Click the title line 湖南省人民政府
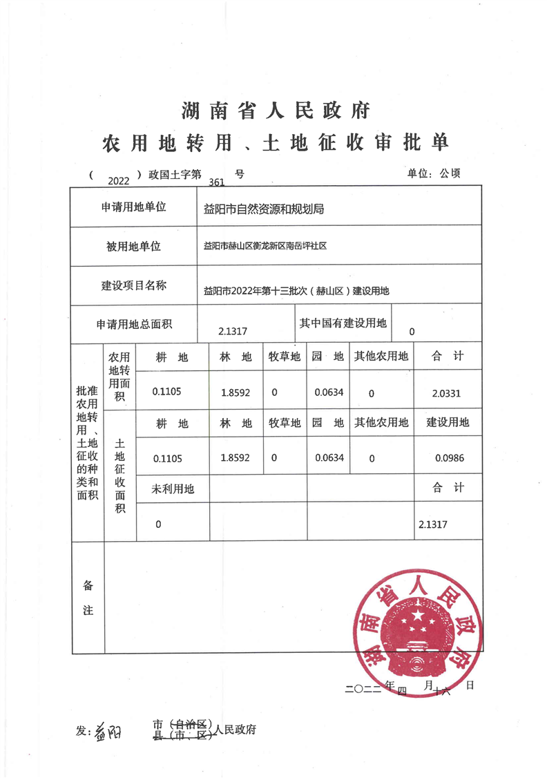point(276,110)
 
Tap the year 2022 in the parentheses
point(119,181)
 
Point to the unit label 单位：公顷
point(434,173)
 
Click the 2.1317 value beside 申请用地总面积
point(232,332)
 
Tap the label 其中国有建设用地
point(343,323)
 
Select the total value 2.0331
point(446,393)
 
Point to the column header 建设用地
point(448,422)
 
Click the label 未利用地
point(173,489)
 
